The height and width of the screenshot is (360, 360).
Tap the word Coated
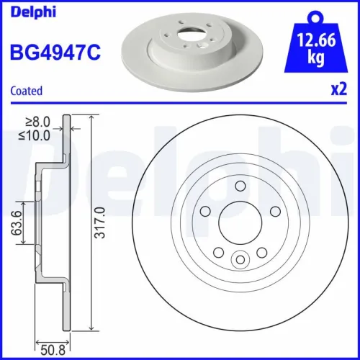pos(27,91)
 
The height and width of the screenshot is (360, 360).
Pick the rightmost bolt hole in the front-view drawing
pos(274,212)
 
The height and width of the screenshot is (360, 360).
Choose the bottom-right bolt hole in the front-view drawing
pos(261,253)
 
